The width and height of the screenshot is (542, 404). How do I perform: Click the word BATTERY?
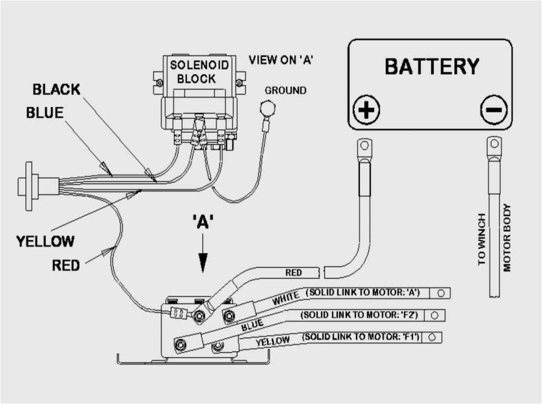pyautogui.click(x=432, y=67)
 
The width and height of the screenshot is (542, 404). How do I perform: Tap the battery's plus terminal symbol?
pyautogui.click(x=366, y=110)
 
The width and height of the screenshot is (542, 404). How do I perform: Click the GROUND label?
pyautogui.click(x=285, y=91)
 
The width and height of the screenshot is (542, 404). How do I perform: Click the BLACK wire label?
pyautogui.click(x=57, y=90)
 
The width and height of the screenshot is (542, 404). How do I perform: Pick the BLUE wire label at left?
pyautogui.click(x=45, y=113)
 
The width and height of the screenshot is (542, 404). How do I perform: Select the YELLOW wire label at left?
pyautogui.click(x=45, y=242)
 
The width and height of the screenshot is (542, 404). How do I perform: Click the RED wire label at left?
pyautogui.click(x=66, y=265)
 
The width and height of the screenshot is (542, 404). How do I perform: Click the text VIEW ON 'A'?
pyautogui.click(x=281, y=60)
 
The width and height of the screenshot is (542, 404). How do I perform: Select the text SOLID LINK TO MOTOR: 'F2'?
pyautogui.click(x=360, y=315)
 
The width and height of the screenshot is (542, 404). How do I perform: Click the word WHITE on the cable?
pyautogui.click(x=286, y=299)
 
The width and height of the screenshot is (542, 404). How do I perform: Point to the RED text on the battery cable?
pyautogui.click(x=294, y=273)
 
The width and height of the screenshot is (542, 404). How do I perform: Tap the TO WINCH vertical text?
pyautogui.click(x=482, y=239)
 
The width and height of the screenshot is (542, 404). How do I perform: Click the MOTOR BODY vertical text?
pyautogui.click(x=507, y=238)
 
